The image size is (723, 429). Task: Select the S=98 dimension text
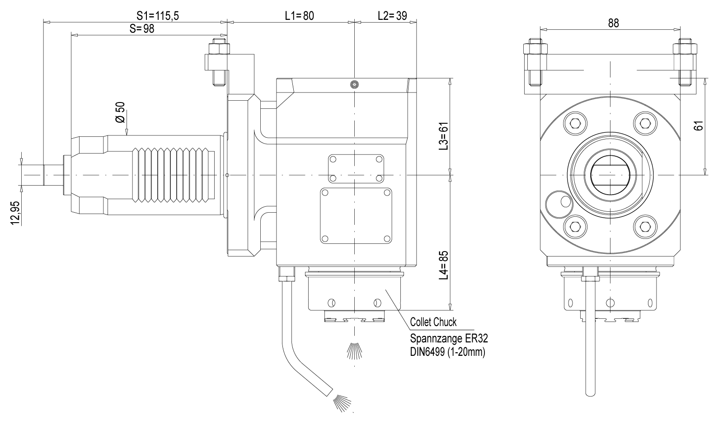click(x=142, y=29)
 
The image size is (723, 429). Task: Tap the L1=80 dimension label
click(x=299, y=16)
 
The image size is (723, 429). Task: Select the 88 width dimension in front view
click(x=613, y=23)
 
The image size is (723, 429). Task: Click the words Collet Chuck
click(x=433, y=322)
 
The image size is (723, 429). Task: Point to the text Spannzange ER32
click(x=449, y=338)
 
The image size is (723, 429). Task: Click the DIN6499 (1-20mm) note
click(x=447, y=352)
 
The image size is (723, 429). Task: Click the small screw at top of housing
click(x=355, y=84)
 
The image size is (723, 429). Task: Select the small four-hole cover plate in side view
click(x=356, y=169)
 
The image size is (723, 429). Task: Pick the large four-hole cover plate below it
click(x=356, y=216)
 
